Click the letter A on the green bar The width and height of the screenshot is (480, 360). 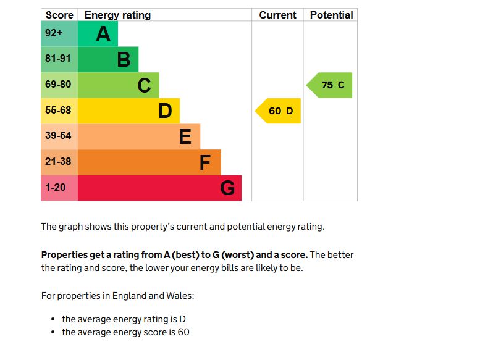coord(103,34)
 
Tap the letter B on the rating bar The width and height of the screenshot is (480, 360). coord(124,60)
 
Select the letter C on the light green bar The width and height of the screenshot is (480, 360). coord(144,85)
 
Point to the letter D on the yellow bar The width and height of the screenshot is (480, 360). coord(165,111)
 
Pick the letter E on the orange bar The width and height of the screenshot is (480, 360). coord(185,136)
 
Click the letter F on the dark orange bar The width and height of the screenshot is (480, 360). coord(205,162)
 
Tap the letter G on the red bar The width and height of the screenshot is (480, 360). coord(227,188)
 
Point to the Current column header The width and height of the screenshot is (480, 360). coord(277,15)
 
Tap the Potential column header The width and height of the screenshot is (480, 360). coord(331,15)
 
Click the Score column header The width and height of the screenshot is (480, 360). coord(59,15)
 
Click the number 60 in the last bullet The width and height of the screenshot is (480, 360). coord(183,332)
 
